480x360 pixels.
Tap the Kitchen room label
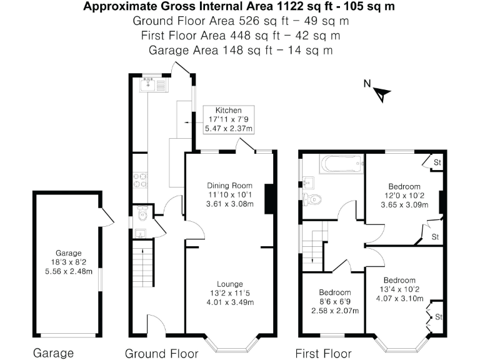coord(228,111)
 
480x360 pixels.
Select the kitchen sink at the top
coord(153,84)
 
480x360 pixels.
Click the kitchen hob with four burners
coord(139,179)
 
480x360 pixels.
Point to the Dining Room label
coord(229,185)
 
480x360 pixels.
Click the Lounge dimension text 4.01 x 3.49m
coord(229,302)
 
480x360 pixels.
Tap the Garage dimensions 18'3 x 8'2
coord(69,262)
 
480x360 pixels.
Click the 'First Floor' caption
coord(323,353)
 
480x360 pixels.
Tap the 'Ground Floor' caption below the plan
coord(162,353)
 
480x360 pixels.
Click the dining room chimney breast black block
coord(269,199)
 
